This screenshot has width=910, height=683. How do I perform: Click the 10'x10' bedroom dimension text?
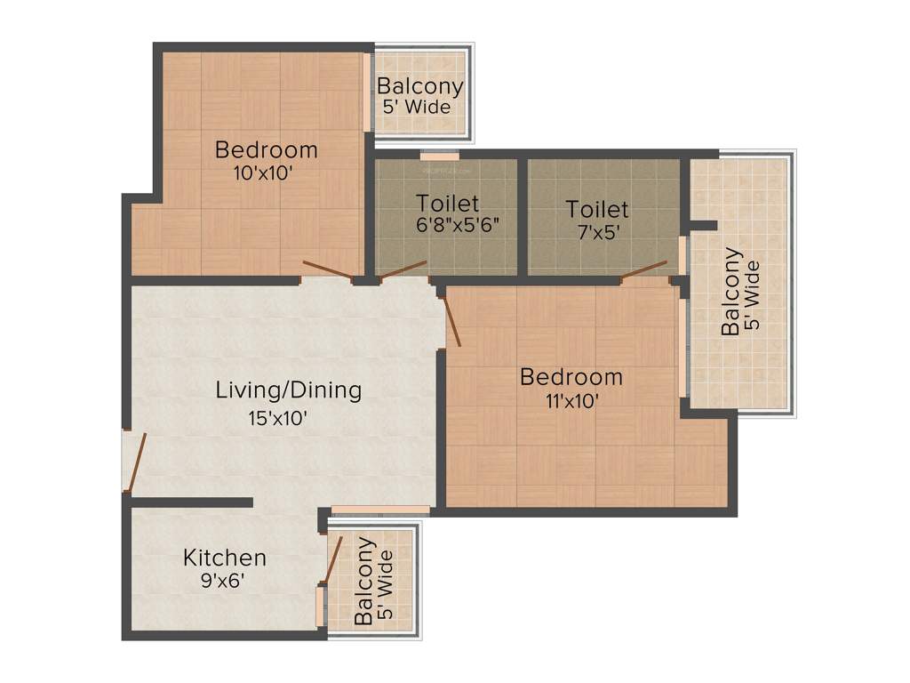[x=266, y=173]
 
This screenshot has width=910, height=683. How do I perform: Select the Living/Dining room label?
[x=289, y=390]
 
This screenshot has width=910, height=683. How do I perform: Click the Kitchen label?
[x=224, y=558]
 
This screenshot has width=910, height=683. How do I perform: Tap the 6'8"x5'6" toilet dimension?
[x=458, y=225]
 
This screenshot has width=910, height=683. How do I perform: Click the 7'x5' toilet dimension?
[x=597, y=233]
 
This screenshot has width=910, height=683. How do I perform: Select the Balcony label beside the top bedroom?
[x=419, y=87]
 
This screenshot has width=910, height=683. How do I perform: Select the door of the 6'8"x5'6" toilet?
[x=403, y=270]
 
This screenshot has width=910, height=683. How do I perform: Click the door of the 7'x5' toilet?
[x=643, y=269]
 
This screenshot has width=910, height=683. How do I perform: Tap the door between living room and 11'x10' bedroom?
[x=451, y=319]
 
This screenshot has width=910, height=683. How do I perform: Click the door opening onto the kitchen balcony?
[x=333, y=558]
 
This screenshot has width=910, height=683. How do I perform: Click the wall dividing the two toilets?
[x=523, y=216]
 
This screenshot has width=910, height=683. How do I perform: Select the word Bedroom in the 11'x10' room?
[x=571, y=376]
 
